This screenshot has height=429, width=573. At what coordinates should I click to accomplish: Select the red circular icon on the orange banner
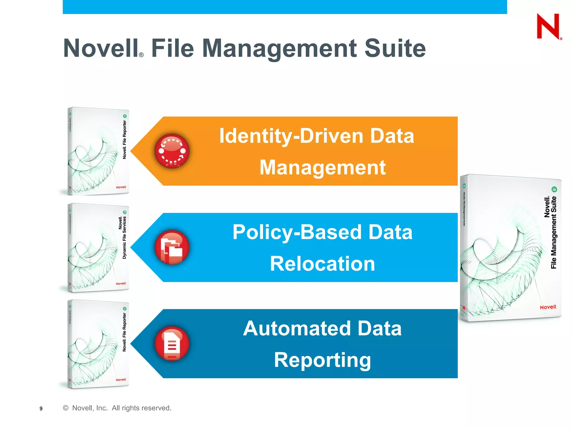click(x=172, y=151)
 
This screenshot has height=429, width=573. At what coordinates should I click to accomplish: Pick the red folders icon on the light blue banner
click(x=172, y=247)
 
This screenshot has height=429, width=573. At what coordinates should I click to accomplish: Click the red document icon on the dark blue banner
click(x=172, y=344)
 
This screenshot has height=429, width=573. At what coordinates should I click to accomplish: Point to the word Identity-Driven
click(x=291, y=136)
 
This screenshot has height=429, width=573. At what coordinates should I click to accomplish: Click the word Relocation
click(x=322, y=264)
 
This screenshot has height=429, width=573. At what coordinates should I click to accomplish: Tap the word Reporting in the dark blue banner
click(x=322, y=360)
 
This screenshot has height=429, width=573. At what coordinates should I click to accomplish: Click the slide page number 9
click(x=41, y=409)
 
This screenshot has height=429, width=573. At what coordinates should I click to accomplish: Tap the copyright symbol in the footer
click(x=66, y=408)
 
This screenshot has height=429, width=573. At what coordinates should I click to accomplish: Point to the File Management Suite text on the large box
click(x=553, y=232)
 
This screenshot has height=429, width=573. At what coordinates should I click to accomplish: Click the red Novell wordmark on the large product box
click(x=548, y=307)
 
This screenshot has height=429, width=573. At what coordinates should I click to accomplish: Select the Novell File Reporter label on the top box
click(x=125, y=140)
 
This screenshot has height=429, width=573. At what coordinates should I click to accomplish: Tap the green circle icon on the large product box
click(x=554, y=189)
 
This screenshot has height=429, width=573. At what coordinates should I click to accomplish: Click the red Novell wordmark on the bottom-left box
click(x=121, y=380)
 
